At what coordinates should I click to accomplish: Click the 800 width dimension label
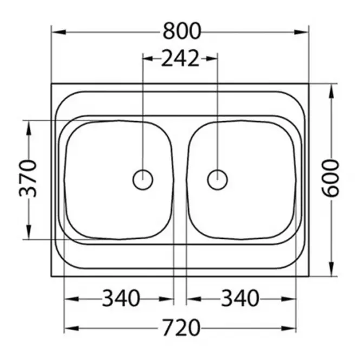[182, 31]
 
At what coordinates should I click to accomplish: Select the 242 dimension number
[180, 58]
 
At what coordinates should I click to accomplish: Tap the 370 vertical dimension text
[28, 179]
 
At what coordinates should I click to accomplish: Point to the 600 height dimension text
[330, 178]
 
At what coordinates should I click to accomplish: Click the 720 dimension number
[181, 328]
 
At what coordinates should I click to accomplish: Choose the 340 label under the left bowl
[121, 298]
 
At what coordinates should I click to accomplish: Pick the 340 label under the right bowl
[240, 298]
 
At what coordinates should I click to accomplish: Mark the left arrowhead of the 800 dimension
[59, 32]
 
